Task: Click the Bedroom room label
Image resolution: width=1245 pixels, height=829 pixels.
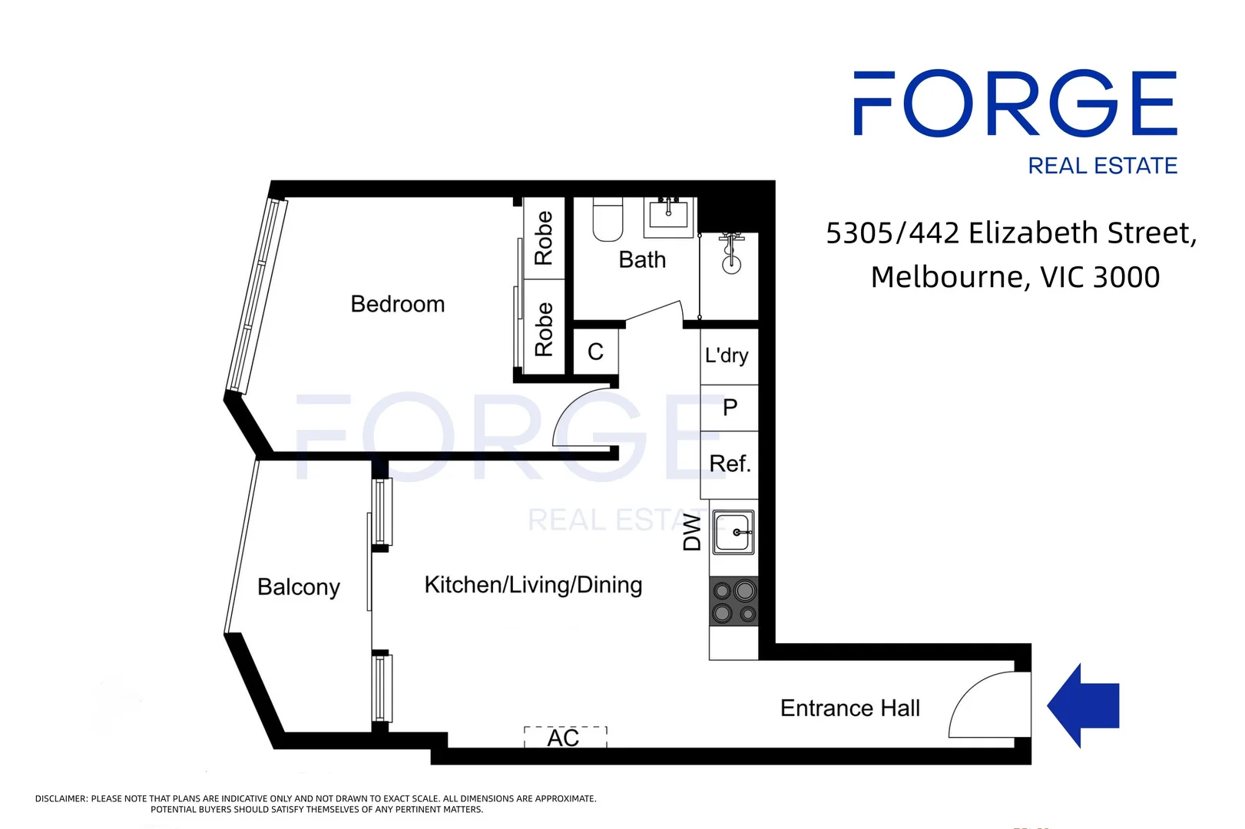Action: pyautogui.click(x=397, y=304)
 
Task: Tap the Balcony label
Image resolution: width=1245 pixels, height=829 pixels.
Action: pyautogui.click(x=298, y=587)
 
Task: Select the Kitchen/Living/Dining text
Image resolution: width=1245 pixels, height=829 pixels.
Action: pyautogui.click(x=533, y=585)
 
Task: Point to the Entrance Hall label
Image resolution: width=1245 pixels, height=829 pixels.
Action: pyautogui.click(x=849, y=708)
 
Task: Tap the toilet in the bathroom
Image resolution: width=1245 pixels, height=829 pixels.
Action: pyautogui.click(x=608, y=220)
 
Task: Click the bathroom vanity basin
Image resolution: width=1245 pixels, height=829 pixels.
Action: pyautogui.click(x=668, y=213)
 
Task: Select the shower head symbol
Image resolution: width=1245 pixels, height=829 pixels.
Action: pyautogui.click(x=730, y=254)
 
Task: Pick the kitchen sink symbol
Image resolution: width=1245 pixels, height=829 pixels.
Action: pyautogui.click(x=734, y=532)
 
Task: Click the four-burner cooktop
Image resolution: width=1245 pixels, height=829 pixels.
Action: pyautogui.click(x=733, y=602)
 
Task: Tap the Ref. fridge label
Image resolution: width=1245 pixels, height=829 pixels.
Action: pyautogui.click(x=730, y=464)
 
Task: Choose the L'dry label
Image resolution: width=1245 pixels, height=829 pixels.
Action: pyautogui.click(x=727, y=355)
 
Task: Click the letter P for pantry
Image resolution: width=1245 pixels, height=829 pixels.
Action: pyautogui.click(x=730, y=407)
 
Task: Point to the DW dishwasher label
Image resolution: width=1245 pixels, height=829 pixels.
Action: pyautogui.click(x=692, y=533)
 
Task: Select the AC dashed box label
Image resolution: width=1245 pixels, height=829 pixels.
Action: pyautogui.click(x=563, y=738)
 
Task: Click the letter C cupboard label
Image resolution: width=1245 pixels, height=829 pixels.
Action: pyautogui.click(x=595, y=352)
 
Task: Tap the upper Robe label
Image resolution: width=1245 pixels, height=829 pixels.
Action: pyautogui.click(x=544, y=238)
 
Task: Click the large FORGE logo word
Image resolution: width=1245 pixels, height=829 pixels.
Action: pyautogui.click(x=1015, y=104)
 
